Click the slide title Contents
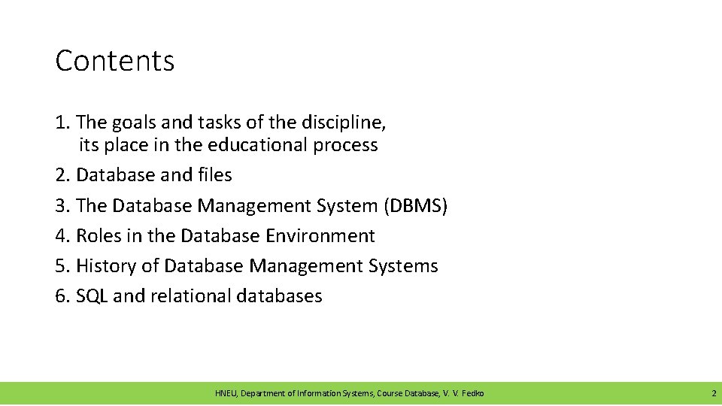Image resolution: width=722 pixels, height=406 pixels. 115,61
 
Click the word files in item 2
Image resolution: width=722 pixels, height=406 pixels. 214,175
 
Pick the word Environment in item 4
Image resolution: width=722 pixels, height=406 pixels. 320,236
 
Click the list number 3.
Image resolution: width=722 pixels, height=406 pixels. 61,205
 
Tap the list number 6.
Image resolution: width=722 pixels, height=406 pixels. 61,296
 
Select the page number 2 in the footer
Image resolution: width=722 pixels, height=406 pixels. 714,393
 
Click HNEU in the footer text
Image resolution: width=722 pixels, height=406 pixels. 226,393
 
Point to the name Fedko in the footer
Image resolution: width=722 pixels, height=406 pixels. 472,393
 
